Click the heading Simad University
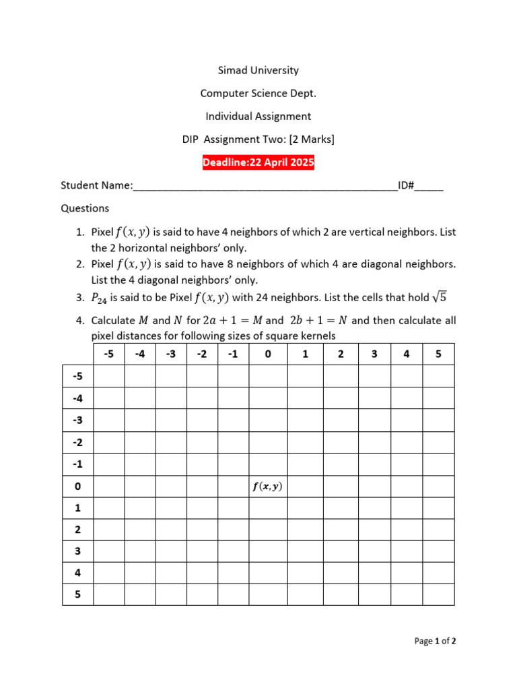click(258, 70)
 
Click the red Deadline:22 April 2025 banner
click(258, 162)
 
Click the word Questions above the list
click(85, 208)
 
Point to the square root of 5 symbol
click(440, 296)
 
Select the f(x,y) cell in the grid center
click(267, 487)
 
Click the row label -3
click(77, 420)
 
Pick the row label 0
click(77, 487)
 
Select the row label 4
click(77, 573)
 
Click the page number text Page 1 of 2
click(435, 641)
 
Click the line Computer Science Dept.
click(258, 93)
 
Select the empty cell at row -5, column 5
click(438, 376)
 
